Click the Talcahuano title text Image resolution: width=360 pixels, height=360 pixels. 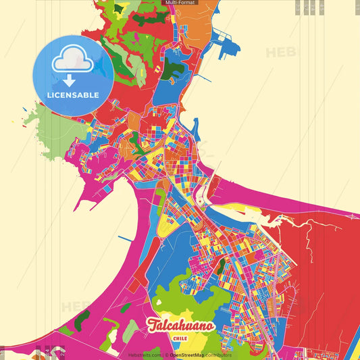[180, 325]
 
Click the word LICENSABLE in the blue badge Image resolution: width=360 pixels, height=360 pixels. [73, 94]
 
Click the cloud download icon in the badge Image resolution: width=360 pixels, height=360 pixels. [73, 65]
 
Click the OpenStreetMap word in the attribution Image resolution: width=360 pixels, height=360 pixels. [190, 354]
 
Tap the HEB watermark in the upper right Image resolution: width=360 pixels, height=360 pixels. [280, 52]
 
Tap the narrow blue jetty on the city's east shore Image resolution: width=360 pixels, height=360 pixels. [196, 128]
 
